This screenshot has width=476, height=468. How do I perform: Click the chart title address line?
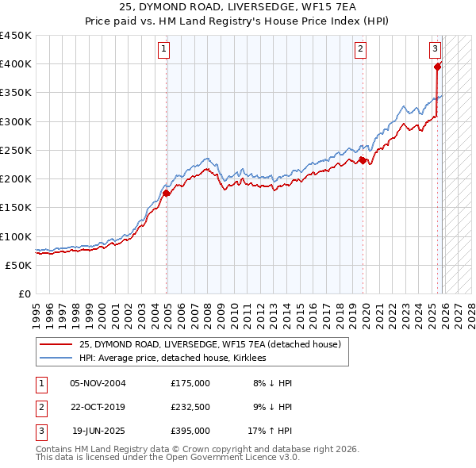(237, 7)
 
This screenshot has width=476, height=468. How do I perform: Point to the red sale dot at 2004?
(167, 193)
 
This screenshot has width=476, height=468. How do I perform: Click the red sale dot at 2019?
(363, 160)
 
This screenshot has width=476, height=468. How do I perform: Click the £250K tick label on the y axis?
(16, 150)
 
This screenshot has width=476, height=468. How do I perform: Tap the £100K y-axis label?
(16, 236)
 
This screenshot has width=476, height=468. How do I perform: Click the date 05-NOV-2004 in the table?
(98, 383)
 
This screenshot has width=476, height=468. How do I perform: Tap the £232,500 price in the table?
(190, 407)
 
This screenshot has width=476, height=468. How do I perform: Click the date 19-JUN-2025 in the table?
(98, 431)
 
